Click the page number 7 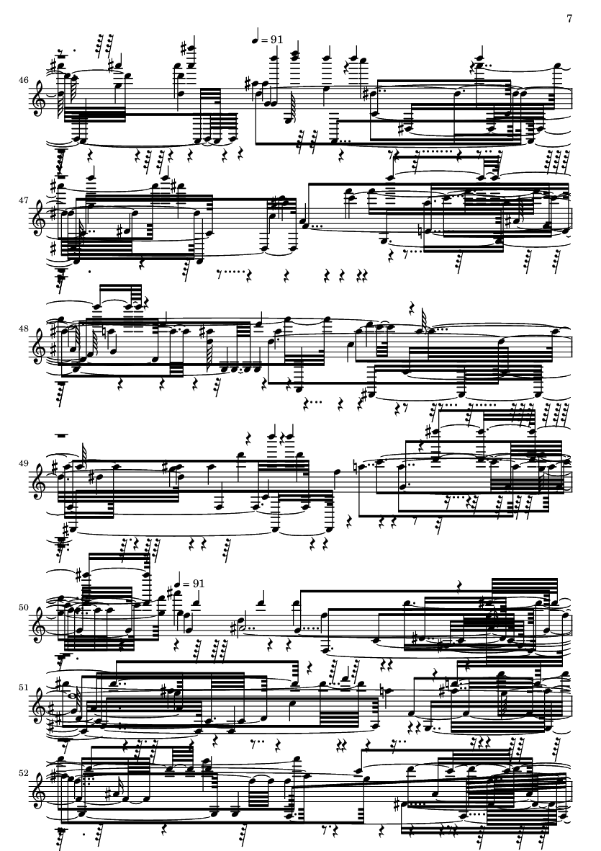pos(569,19)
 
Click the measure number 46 pos(23,80)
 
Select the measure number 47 pos(23,200)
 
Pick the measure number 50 pos(23,608)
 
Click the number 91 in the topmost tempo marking pos(276,40)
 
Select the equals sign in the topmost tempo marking pos(264,40)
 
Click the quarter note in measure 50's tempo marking pos(176,580)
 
